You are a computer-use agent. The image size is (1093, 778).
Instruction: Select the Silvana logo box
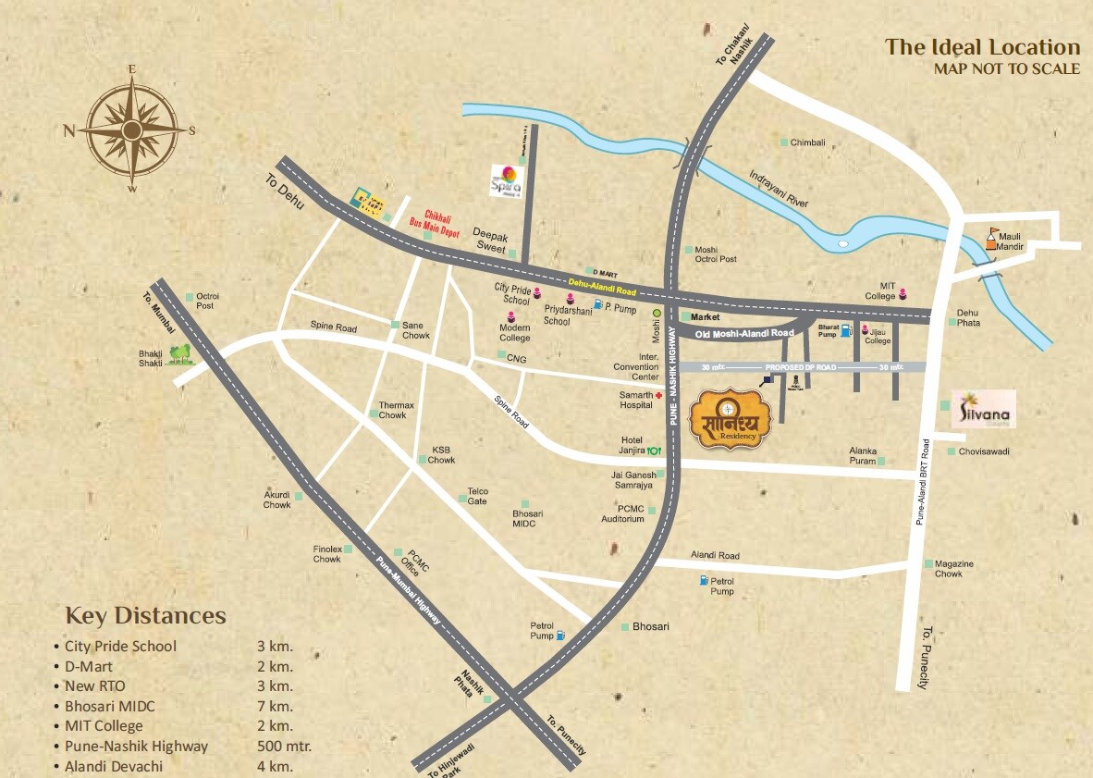pos(984,409)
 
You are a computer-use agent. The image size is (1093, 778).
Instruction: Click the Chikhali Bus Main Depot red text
pos(428,221)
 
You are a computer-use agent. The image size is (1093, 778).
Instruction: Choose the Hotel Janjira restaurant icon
pos(655,451)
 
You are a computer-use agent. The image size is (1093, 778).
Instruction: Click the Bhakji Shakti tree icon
pos(181,352)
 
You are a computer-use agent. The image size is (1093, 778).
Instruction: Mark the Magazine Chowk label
pos(953,569)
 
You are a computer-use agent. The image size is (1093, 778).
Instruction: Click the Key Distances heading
pos(145,616)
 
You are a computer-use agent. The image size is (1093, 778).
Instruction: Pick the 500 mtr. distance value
pos(284,747)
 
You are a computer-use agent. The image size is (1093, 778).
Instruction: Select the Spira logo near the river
pos(506,179)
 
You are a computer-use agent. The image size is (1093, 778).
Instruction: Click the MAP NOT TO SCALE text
pos(1006,68)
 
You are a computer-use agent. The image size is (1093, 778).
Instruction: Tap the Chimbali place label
pos(807,143)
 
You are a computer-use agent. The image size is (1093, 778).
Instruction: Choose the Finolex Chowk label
pos(326,554)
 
